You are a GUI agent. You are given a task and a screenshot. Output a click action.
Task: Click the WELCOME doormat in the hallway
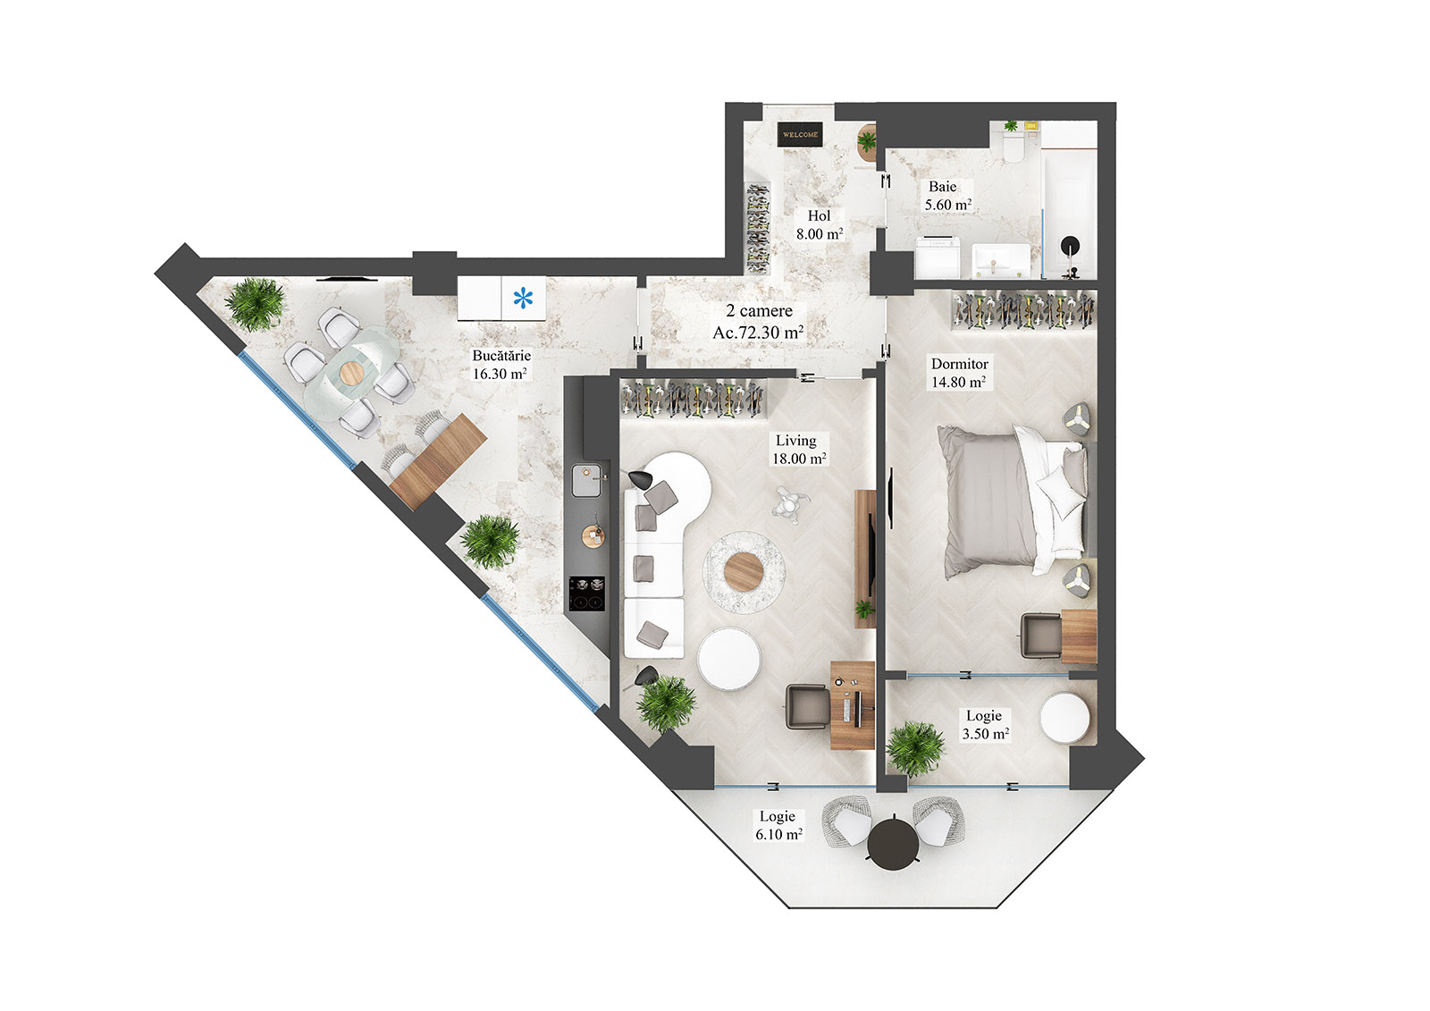coord(799,134)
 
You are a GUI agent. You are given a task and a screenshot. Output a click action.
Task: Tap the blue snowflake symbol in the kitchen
coord(523,299)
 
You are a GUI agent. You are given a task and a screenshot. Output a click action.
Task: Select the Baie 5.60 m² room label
coord(946,196)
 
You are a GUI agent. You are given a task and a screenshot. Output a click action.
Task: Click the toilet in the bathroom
coord(1014,147)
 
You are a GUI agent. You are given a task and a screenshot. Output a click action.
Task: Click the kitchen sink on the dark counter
coord(586,480)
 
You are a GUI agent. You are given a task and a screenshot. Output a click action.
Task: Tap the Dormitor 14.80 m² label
coord(959,373)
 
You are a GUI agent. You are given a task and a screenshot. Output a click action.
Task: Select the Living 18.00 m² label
coord(798,450)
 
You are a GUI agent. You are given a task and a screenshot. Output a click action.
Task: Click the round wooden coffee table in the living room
coord(744,571)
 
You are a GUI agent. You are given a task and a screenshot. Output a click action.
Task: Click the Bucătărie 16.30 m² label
coord(500,365)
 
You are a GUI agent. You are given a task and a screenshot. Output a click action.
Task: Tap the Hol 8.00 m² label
coord(819,225)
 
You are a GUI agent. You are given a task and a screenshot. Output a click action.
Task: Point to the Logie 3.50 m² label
coord(985,725)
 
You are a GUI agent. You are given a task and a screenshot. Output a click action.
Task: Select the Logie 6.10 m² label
coord(778,825)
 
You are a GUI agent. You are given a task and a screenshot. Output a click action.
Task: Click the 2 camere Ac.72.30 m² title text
coord(758,322)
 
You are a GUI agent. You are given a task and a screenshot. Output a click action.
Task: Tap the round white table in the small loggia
coord(1065,718)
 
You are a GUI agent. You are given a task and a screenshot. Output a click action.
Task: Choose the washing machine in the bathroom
coord(937,257)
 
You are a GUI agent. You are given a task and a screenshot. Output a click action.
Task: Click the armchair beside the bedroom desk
coord(1041,635)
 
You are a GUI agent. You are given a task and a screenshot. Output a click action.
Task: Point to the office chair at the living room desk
coord(806,707)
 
